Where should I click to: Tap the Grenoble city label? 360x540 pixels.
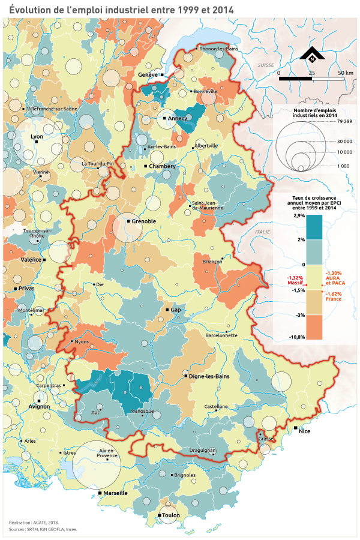(143, 221)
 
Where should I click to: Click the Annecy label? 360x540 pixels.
(178, 118)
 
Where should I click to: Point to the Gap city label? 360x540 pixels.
(176, 310)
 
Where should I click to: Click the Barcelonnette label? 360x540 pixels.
(221, 335)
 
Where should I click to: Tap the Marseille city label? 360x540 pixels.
(115, 493)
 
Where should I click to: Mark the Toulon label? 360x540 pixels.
(170, 515)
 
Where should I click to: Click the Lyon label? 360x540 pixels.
(36, 136)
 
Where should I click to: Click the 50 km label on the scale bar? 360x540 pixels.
(345, 73)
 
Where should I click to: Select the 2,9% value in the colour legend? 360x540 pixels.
(283, 215)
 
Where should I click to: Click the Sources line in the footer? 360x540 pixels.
(43, 530)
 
